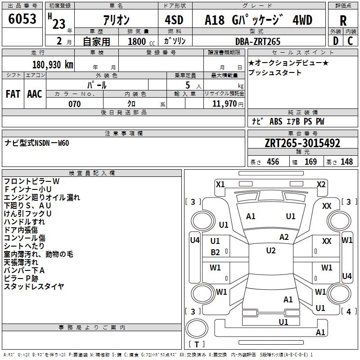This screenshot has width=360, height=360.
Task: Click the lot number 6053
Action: click(x=22, y=19)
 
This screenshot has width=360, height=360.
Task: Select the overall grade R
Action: click(x=343, y=21)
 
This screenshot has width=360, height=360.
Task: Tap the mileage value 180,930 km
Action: click(x=53, y=65)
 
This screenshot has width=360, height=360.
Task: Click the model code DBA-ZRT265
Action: click(x=258, y=41)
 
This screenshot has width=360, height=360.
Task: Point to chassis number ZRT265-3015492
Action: click(x=302, y=143)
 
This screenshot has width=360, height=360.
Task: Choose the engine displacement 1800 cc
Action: click(x=141, y=41)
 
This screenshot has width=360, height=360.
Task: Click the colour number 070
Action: click(x=75, y=104)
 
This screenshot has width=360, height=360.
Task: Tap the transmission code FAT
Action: click(x=13, y=94)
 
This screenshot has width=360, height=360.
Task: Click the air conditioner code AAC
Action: click(x=35, y=94)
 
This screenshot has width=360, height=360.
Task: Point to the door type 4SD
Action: click(x=174, y=20)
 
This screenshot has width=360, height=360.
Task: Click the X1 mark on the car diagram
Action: click(x=220, y=184)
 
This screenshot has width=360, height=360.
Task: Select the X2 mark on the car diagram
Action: click(x=321, y=184)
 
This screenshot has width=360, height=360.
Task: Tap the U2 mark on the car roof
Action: click(x=271, y=251)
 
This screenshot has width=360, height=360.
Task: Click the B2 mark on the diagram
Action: click(x=216, y=252)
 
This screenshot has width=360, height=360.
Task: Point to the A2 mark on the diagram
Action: click(x=284, y=237)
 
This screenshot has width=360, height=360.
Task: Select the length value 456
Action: click(x=273, y=162)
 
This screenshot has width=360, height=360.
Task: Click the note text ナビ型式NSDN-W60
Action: click(x=37, y=143)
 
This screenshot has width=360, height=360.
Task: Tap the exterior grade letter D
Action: click(x=336, y=41)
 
